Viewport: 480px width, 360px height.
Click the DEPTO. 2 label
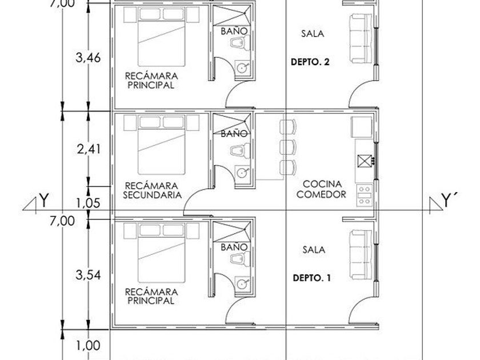310,62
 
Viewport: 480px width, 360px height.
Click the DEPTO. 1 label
311,278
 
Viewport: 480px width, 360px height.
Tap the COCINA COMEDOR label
321,189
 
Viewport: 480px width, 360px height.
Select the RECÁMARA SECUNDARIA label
152,190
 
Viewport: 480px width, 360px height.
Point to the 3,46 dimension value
88,57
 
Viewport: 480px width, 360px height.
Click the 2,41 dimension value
89,149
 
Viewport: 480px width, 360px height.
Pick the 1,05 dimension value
88,203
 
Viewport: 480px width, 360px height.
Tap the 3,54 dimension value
88,275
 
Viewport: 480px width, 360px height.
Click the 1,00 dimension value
88,346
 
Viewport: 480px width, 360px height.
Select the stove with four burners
365,195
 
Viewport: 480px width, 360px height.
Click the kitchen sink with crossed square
365,161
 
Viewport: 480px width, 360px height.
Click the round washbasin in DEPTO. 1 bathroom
242,283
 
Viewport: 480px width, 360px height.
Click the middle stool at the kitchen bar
288,147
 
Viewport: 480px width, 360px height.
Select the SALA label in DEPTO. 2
313,33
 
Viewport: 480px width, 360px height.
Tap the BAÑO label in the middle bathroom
234,134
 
